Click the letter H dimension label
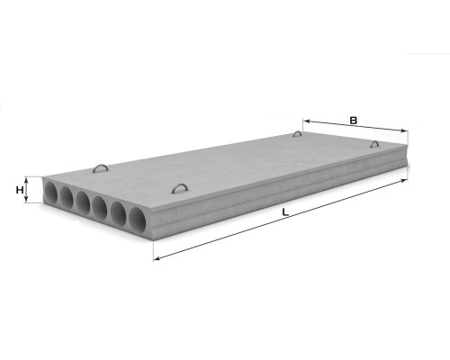tap(20, 190)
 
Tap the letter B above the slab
tap(354, 121)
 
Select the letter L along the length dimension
tap(285, 212)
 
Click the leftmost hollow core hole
tap(50, 192)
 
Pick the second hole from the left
tap(67, 197)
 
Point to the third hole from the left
tap(83, 202)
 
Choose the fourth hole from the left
tap(100, 207)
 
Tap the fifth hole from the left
tap(119, 213)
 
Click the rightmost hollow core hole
tap(138, 219)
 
